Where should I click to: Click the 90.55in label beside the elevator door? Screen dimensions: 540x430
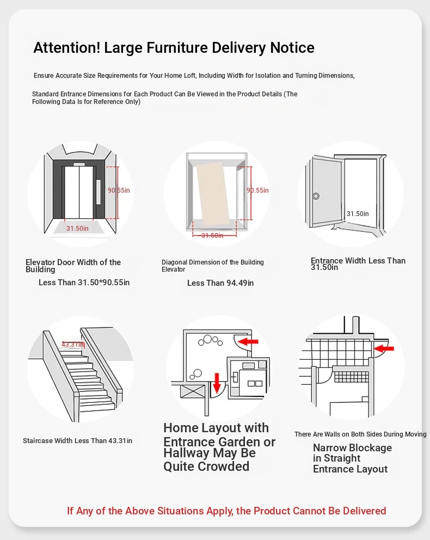pyautogui.click(x=119, y=191)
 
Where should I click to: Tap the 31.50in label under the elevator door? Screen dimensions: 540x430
pyautogui.click(x=77, y=229)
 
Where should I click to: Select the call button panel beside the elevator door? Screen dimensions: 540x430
pyautogui.click(x=99, y=192)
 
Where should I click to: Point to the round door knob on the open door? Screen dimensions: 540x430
pyautogui.click(x=316, y=196)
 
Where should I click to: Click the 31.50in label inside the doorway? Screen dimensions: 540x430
pyautogui.click(x=358, y=214)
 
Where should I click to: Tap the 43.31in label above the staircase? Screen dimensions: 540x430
pyautogui.click(x=72, y=345)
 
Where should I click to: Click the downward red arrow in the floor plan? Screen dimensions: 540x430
pyautogui.click(x=217, y=382)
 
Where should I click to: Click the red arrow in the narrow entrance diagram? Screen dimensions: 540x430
pyautogui.click(x=384, y=347)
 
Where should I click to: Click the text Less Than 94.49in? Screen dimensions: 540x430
pyautogui.click(x=220, y=283)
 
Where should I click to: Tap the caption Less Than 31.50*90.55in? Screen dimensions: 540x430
pyautogui.click(x=84, y=283)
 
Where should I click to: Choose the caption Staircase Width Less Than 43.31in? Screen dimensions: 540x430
pyautogui.click(x=77, y=441)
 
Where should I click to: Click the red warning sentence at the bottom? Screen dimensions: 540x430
pyautogui.click(x=226, y=511)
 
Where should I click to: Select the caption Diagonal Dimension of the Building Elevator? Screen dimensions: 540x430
pyautogui.click(x=213, y=266)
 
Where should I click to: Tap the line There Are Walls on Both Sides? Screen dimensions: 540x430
pyautogui.click(x=360, y=434)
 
